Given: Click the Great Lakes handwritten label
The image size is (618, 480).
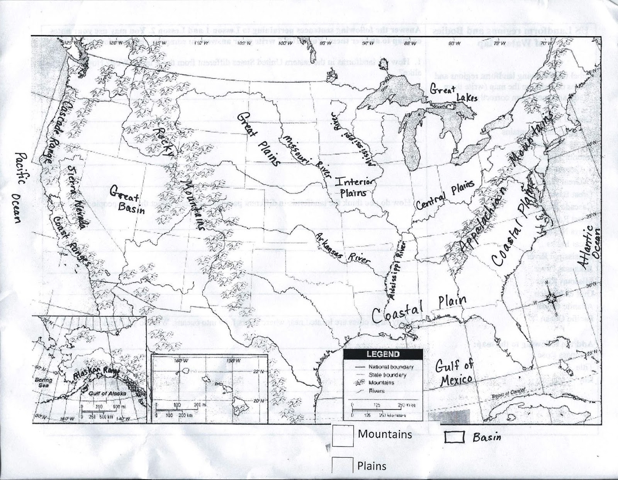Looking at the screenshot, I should (x=452, y=93).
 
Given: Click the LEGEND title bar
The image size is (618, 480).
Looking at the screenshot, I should (x=383, y=354).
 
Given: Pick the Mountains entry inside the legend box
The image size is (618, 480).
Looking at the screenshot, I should (x=380, y=383).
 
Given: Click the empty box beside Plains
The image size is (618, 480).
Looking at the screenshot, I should (x=343, y=465).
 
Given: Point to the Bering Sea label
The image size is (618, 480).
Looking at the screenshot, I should (x=43, y=382).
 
